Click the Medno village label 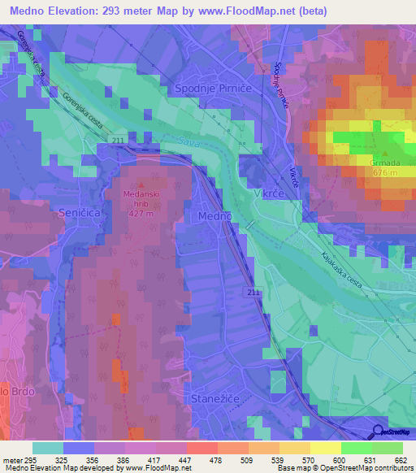tap(215, 216)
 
